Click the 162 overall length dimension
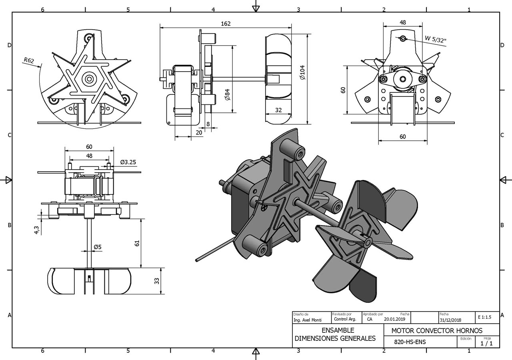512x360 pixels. (x=226, y=24)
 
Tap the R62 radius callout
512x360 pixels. (x=29, y=60)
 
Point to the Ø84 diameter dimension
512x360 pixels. (x=227, y=95)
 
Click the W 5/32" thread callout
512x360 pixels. (x=436, y=39)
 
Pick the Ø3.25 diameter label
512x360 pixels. (x=128, y=162)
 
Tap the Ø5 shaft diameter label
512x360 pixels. (x=98, y=247)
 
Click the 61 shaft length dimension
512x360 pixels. (x=137, y=243)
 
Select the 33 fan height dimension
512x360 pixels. (x=157, y=281)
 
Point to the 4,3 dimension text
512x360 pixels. (x=36, y=230)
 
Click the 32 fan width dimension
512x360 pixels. (x=278, y=110)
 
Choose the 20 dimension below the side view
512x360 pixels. (x=199, y=132)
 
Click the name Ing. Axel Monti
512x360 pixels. (x=308, y=320)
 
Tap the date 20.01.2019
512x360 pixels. (x=394, y=319)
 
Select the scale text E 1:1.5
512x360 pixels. (x=484, y=317)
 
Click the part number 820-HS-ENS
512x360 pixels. (x=410, y=342)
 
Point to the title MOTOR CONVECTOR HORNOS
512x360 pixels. (x=437, y=331)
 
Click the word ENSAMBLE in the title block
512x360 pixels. (x=338, y=330)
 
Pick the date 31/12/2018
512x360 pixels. (x=450, y=320)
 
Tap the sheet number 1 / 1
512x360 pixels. (x=487, y=344)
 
